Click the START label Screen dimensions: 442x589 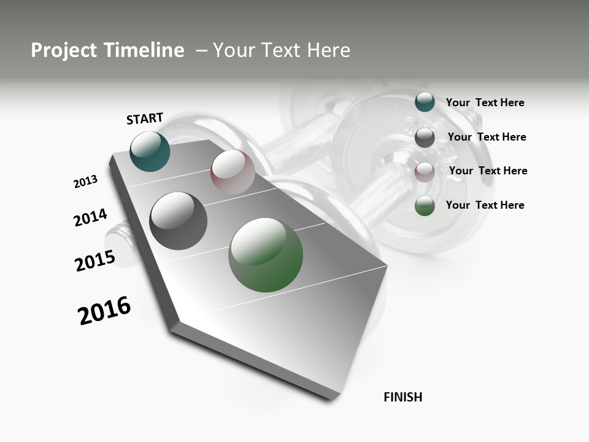pos(145,118)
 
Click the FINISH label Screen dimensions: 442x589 pos(403,397)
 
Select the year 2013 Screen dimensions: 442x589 pos(85,182)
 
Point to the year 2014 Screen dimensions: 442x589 pos(90,218)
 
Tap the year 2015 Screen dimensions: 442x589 pos(94,261)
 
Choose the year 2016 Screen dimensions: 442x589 pos(104,311)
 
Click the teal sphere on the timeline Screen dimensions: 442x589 pos(150,152)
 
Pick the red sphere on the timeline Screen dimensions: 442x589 pos(233,171)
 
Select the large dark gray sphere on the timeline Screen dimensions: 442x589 pos(179,221)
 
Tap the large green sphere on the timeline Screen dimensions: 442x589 pos(266,255)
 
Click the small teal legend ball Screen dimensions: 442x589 pos(425,102)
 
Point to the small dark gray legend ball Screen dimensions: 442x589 pos(425,137)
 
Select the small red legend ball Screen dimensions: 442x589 pos(425,171)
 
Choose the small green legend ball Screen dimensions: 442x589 pos(425,206)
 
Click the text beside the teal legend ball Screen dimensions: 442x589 pos(485,103)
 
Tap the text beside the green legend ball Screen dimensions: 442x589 pos(485,205)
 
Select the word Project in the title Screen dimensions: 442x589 pos(64,50)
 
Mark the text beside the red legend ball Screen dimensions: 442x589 pos(488,171)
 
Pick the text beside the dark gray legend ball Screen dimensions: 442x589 pos(487,137)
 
